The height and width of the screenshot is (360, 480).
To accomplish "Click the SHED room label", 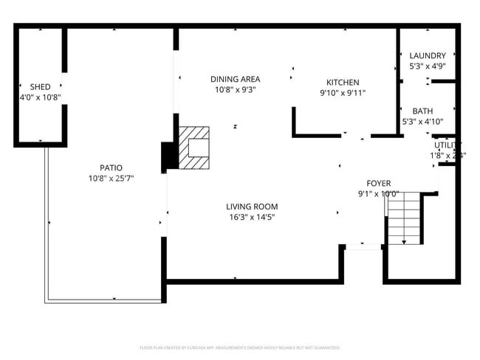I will tap(30, 86).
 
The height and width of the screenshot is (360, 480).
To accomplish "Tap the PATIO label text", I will tap(111, 167).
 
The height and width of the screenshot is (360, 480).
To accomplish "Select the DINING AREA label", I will tap(235, 79).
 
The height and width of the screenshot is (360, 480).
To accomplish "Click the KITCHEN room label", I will tap(343, 83).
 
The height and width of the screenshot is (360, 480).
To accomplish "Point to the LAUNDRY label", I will tap(428, 55).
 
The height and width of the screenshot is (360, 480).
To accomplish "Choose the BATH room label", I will tap(422, 111).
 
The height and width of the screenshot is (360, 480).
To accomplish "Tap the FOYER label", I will tap(378, 183).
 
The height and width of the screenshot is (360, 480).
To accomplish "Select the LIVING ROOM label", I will tap(252, 207).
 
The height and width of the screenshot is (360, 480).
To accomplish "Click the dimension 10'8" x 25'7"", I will tap(111, 178).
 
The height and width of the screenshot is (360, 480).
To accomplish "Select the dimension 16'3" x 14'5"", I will tap(252, 217).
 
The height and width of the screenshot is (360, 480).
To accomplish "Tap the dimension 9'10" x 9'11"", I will tap(343, 93).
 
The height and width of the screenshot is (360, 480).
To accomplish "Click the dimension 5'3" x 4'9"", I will tap(428, 66).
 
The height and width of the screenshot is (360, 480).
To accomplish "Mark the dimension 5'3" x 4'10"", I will tap(422, 121).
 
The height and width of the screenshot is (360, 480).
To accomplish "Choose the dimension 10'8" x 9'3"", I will tap(235, 89).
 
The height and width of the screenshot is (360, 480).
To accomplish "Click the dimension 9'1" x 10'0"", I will tap(378, 194).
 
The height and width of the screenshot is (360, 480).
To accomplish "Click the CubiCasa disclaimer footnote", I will tap(239, 347).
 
